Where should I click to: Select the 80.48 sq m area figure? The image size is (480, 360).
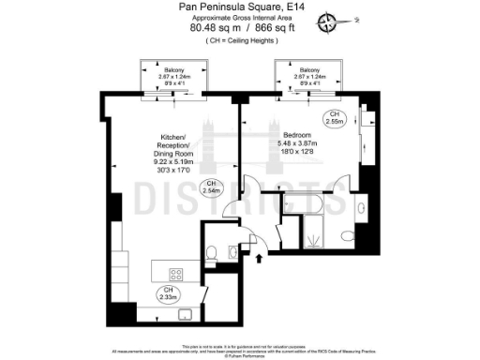point(211,29)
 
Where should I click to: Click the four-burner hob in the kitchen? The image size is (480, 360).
point(174,274)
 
